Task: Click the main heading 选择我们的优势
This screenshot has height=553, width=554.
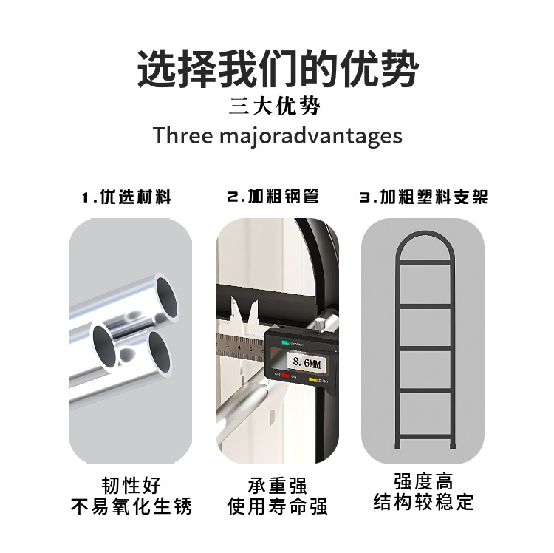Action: click(278, 69)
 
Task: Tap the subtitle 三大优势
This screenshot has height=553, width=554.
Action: click(275, 106)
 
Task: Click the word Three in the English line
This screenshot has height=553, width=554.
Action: click(183, 135)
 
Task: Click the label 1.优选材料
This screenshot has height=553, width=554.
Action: click(126, 197)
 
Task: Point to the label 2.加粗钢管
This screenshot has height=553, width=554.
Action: click(273, 197)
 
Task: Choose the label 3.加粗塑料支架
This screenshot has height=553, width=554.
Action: click(424, 197)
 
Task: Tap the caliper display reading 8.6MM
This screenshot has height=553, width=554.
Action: click(307, 362)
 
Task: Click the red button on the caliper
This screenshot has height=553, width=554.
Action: click(286, 376)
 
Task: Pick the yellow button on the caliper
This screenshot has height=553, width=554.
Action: click(312, 380)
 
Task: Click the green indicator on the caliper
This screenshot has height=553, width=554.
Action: click(286, 342)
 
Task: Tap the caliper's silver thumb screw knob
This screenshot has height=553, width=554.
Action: click(320, 325)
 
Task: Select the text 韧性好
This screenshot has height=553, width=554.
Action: click(131, 485)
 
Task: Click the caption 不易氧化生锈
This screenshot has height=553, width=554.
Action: click(131, 506)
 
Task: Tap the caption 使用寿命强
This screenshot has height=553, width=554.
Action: click(277, 506)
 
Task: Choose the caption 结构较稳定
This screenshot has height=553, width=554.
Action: click(424, 502)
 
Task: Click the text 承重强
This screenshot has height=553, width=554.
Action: click(277, 485)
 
